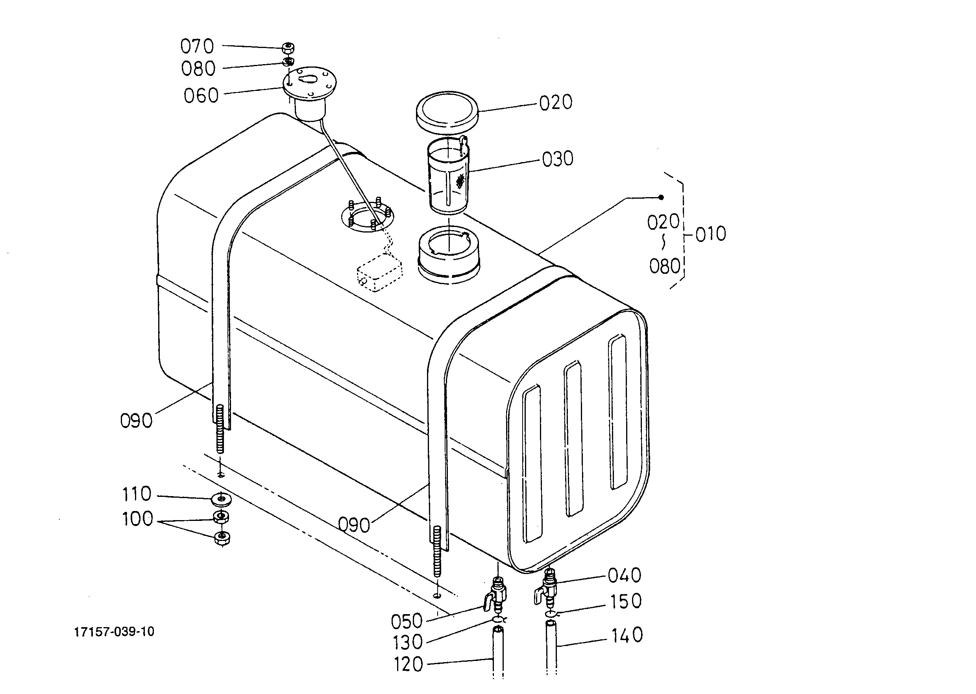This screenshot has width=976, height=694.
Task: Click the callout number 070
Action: click(x=197, y=46)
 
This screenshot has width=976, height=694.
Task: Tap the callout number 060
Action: click(x=201, y=96)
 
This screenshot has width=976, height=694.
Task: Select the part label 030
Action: click(x=558, y=159)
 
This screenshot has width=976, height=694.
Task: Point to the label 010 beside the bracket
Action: click(x=710, y=234)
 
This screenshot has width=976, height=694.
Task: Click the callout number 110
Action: click(x=137, y=494)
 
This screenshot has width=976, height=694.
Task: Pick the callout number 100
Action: click(x=137, y=519)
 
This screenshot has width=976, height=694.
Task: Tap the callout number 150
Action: click(x=626, y=601)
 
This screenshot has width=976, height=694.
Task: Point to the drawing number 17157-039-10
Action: click(x=114, y=631)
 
